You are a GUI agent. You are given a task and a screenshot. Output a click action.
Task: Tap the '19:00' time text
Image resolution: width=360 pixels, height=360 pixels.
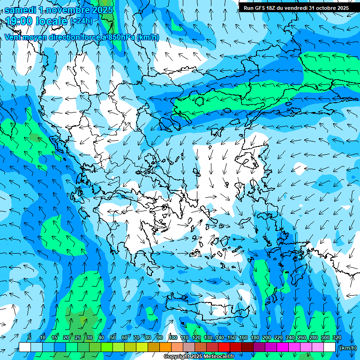18,21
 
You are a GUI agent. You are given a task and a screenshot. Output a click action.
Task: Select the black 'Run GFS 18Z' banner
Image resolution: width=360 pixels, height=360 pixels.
296,7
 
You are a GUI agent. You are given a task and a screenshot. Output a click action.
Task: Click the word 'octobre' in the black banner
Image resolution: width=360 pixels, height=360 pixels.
321,7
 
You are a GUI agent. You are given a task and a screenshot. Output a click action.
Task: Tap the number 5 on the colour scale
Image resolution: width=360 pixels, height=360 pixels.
30,338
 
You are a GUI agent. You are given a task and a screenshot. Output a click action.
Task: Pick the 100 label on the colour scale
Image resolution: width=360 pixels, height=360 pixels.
172,338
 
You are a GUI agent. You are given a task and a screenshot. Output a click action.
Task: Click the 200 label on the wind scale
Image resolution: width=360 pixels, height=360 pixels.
266,338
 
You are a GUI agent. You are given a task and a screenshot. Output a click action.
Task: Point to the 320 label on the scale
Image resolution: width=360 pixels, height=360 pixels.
337,338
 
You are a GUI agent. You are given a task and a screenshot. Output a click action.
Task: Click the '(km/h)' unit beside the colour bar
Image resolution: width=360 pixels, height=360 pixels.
347,348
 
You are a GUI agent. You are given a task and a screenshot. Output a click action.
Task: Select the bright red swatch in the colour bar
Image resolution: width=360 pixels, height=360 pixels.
224,347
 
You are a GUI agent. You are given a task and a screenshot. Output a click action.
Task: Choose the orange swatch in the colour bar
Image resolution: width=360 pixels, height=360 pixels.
165,347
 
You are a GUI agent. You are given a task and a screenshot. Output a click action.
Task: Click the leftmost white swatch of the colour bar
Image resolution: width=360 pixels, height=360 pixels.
25,347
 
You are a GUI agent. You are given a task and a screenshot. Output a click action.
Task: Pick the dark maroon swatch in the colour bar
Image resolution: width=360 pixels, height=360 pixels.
247,347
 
